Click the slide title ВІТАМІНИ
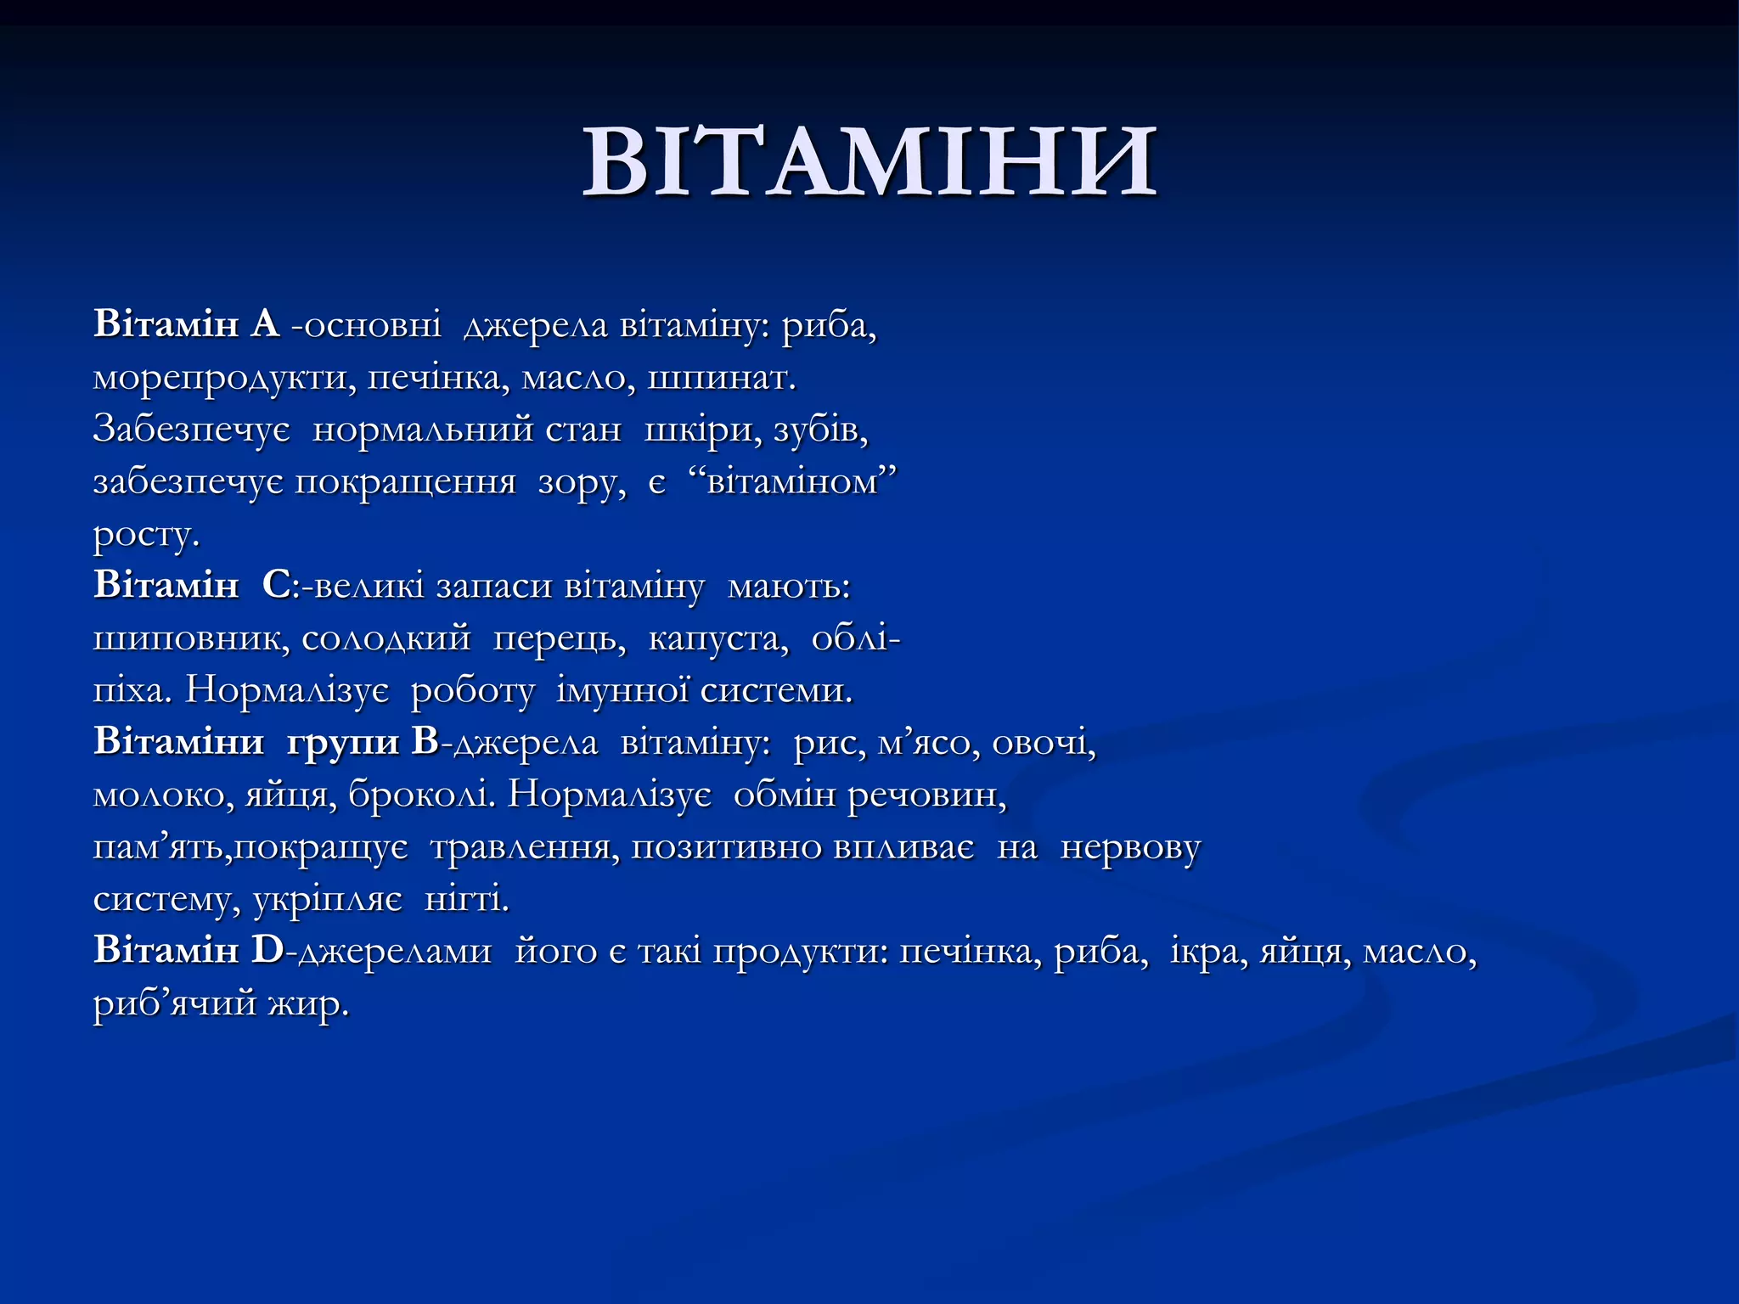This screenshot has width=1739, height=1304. pyautogui.click(x=869, y=161)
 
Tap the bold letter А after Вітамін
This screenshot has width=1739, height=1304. pyautogui.click(x=265, y=324)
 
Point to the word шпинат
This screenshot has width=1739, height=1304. pyautogui.click(x=721, y=378)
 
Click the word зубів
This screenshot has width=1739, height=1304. pyautogui.click(x=820, y=430)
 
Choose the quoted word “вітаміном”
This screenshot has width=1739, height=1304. pyautogui.click(x=789, y=481)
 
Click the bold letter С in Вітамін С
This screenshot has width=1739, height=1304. pyautogui.click(x=276, y=586)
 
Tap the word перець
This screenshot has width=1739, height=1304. pyautogui.click(x=560, y=638)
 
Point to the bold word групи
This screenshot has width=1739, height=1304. pyautogui.click(x=343, y=743)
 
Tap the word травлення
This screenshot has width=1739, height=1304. pyautogui.click(x=526, y=847)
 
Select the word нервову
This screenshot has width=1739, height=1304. pyautogui.click(x=1130, y=847)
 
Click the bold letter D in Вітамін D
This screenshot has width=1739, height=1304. pyautogui.click(x=267, y=951)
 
